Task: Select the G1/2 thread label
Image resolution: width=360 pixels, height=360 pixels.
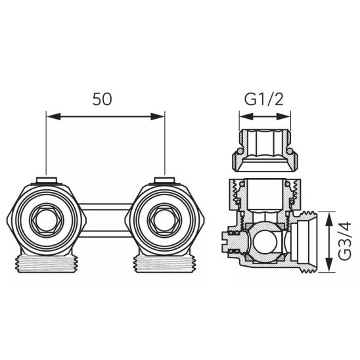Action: click(x=264, y=100)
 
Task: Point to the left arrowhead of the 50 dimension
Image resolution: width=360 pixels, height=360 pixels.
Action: click(x=50, y=116)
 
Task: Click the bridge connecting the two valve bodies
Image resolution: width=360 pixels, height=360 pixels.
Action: click(x=104, y=216)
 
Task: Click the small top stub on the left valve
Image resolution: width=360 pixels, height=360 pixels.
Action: click(x=46, y=180)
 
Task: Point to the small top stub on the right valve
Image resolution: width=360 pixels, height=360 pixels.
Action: click(x=163, y=180)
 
